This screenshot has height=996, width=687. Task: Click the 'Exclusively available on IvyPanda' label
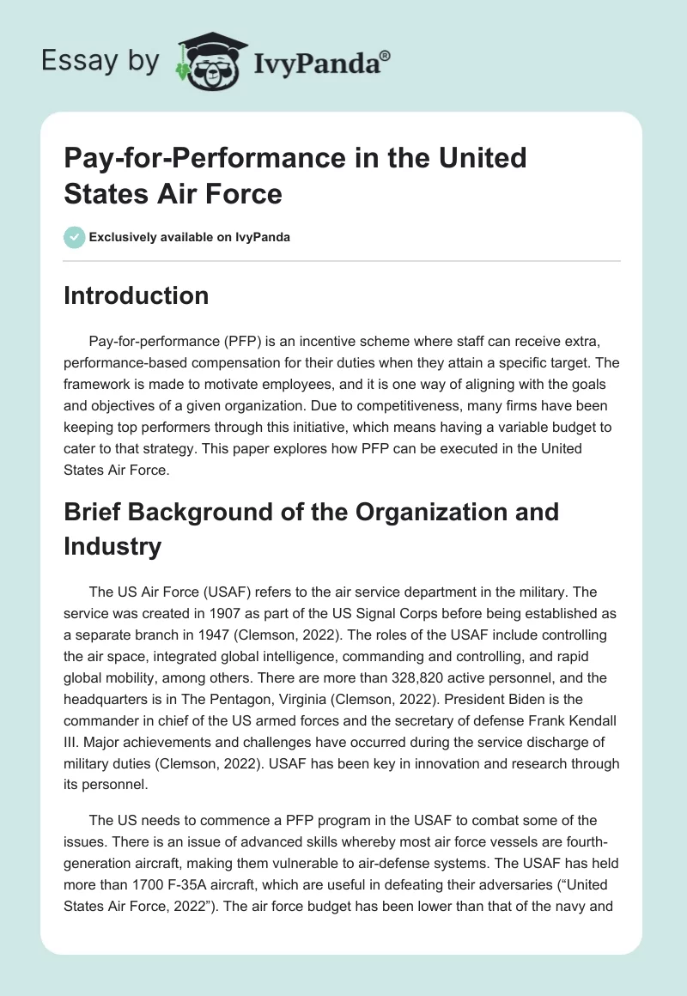189,237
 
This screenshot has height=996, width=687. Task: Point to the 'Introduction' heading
136,296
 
